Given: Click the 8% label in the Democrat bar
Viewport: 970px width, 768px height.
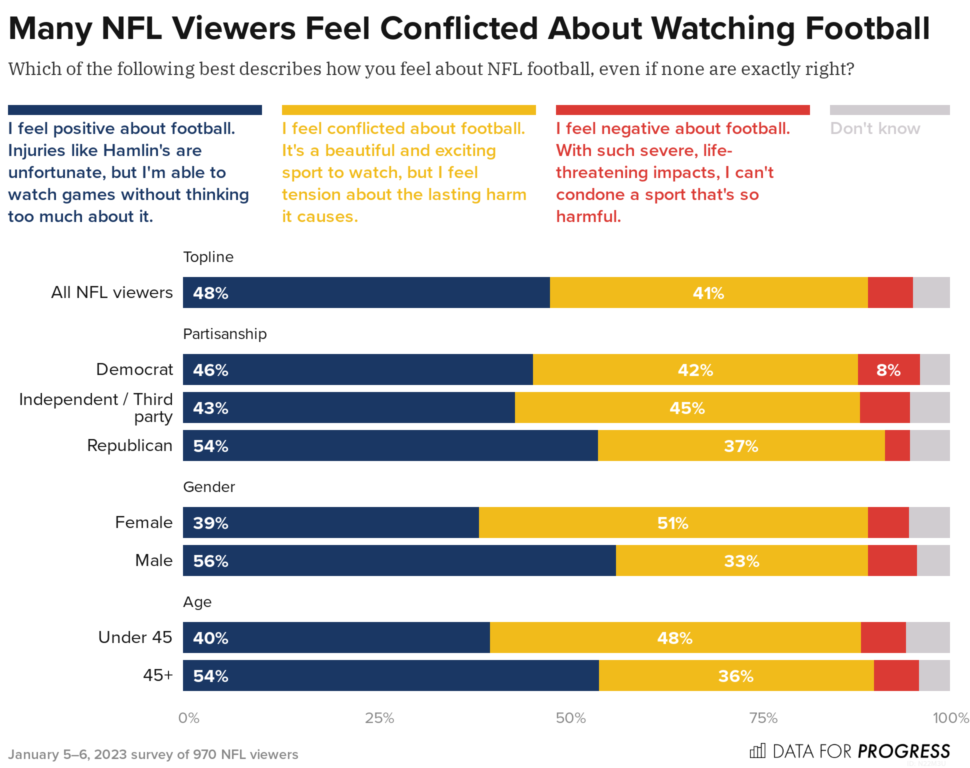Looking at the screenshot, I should [888, 370].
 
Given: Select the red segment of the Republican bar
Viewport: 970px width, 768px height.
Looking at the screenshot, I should [897, 445].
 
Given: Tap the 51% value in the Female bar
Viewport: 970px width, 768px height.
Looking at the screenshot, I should [672, 523].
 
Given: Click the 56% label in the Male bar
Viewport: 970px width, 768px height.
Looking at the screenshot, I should [210, 561].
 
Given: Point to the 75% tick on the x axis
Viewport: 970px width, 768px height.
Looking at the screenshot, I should [763, 718].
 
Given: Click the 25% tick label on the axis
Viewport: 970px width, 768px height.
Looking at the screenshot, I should [379, 718].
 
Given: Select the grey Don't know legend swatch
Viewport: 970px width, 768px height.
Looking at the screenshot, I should [889, 110].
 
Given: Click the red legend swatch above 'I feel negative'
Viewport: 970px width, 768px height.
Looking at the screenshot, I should [682, 110].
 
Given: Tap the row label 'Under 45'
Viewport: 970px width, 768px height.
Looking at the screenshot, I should [135, 637].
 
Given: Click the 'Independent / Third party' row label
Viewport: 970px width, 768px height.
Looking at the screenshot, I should [96, 407].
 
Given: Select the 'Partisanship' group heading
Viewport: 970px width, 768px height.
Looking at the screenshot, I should [225, 334].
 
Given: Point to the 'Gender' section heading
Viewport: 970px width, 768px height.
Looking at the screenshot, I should [209, 487].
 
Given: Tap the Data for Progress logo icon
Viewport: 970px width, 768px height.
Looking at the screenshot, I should [757, 751].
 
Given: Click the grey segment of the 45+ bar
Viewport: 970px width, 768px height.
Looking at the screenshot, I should [934, 675].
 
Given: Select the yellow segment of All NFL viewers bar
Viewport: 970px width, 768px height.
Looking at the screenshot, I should [708, 292].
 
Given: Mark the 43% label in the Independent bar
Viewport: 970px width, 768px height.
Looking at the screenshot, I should [210, 408].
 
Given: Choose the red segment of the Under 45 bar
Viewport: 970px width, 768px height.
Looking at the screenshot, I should [883, 637].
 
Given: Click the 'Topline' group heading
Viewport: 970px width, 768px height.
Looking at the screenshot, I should [208, 257].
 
